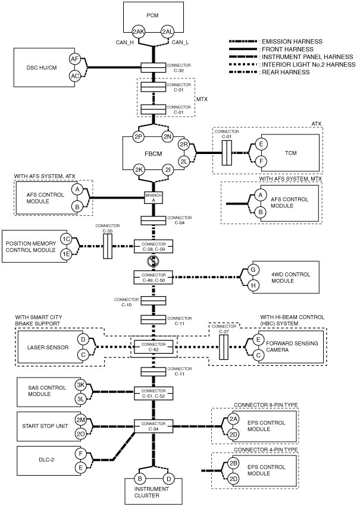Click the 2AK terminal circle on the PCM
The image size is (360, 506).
139,32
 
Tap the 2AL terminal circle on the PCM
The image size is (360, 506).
168,32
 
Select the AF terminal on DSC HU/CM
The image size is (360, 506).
74,59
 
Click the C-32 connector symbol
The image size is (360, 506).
153,67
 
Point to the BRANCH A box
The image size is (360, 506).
154,198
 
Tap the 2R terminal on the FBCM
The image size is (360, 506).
184,144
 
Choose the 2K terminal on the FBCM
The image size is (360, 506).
139,170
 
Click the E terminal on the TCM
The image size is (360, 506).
261,144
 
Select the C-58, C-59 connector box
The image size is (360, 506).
154,247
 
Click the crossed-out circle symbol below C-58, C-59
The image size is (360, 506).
152,262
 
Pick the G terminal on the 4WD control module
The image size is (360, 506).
253,270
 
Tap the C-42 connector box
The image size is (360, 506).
154,347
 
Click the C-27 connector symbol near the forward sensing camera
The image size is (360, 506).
223,347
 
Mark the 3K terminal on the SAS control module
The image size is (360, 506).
80,385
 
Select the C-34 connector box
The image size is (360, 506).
154,426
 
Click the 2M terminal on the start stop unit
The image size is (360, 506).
80,420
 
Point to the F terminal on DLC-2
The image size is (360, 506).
80,454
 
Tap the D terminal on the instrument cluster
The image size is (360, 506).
168,478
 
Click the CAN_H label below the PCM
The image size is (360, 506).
124,42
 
